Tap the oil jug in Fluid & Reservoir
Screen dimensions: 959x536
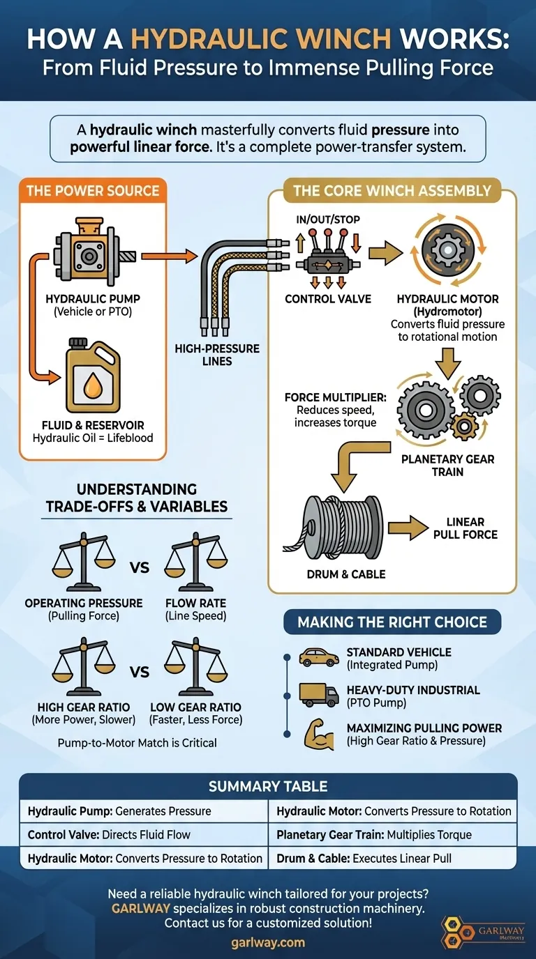click(93, 376)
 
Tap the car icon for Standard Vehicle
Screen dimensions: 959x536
click(314, 657)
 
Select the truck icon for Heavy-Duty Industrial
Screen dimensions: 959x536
click(314, 694)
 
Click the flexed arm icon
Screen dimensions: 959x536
click(315, 733)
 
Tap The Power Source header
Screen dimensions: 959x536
click(92, 191)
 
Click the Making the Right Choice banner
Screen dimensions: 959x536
click(392, 622)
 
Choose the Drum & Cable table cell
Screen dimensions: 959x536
click(392, 857)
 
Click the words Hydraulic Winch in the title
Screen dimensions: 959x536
click(261, 38)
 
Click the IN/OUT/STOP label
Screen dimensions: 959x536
click(327, 220)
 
